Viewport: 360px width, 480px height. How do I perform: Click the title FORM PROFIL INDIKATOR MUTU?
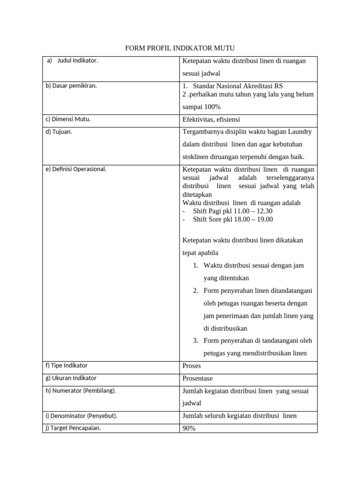(x=180, y=48)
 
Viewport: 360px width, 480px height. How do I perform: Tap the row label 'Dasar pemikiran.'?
(x=71, y=86)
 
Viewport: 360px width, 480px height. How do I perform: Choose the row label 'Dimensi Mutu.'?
(x=68, y=119)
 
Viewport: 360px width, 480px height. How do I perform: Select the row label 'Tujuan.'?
(x=59, y=132)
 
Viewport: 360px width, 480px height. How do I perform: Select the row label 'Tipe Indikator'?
(x=67, y=365)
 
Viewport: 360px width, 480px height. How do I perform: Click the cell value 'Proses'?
(x=192, y=366)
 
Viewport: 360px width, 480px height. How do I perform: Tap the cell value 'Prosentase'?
(x=197, y=378)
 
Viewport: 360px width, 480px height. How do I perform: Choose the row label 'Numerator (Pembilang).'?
(x=81, y=391)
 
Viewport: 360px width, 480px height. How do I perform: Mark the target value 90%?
(x=189, y=428)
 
